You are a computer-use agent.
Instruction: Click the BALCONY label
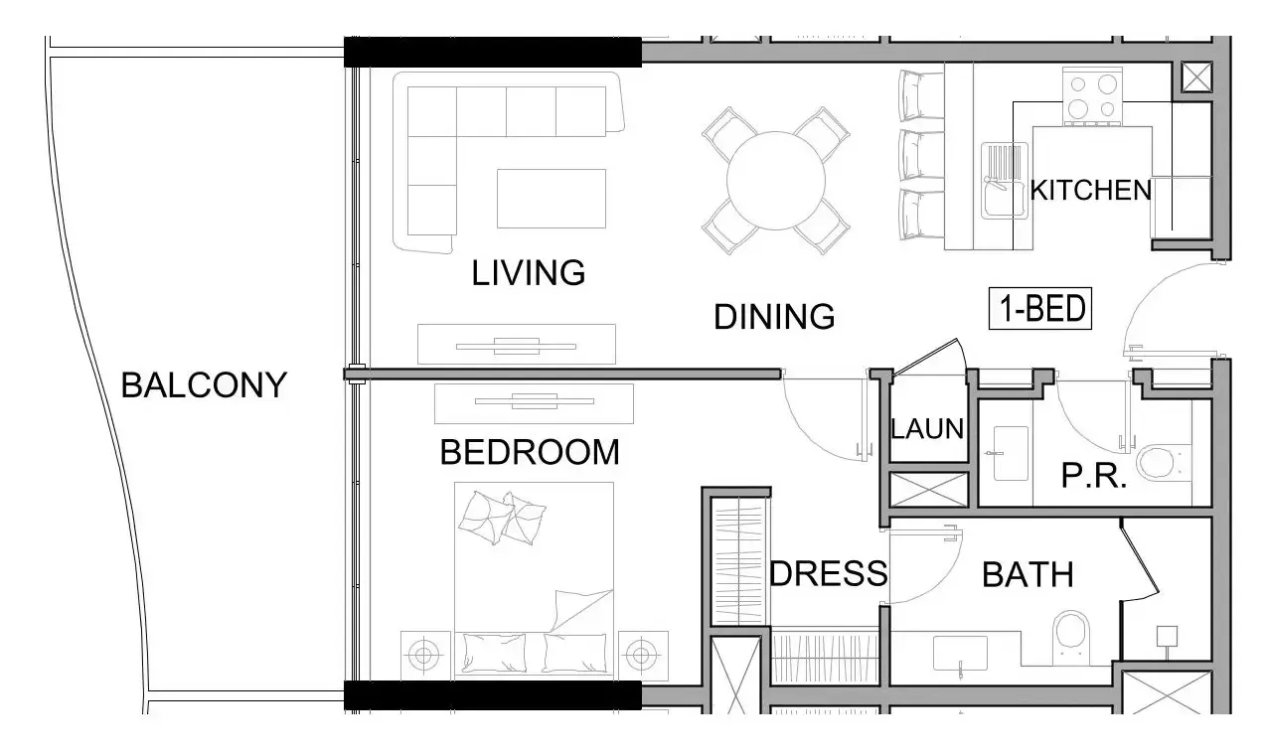[x=204, y=385]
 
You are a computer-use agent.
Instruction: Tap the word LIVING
[x=528, y=273]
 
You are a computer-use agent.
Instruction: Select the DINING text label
[x=774, y=316]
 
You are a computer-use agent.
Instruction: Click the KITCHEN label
[x=1090, y=191]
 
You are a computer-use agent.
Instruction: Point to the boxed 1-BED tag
[x=1040, y=308]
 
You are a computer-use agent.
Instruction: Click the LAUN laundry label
[x=927, y=428]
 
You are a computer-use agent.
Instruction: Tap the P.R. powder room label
[x=1094, y=476]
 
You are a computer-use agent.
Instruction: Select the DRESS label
[x=829, y=573]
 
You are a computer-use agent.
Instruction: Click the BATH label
[x=1028, y=575]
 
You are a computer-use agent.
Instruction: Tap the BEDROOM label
[x=530, y=452]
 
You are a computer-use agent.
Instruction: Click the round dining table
[x=776, y=181]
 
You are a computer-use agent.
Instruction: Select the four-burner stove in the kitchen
[x=1092, y=96]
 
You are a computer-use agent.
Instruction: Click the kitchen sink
[x=1004, y=181]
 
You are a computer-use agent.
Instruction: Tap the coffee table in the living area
[x=552, y=198]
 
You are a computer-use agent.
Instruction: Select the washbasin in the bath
[x=960, y=654]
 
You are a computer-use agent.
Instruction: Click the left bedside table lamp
[x=423, y=656]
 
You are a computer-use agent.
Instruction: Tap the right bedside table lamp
[x=641, y=656]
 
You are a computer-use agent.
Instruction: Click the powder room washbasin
[x=1011, y=453]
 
